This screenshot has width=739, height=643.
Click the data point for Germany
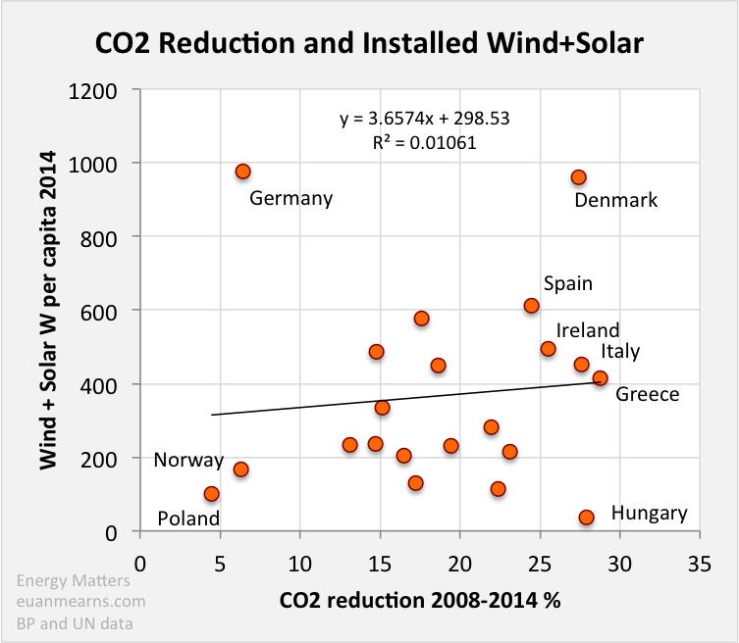click(x=243, y=172)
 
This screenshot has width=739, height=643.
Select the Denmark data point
click(x=578, y=177)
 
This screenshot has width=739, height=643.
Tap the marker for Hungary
click(x=587, y=517)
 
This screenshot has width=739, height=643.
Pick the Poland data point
click(x=211, y=494)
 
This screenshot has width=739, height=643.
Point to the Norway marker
click(x=240, y=470)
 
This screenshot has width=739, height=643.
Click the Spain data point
click(x=531, y=306)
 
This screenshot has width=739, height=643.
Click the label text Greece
click(x=647, y=394)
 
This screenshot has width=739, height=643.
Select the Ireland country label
click(x=588, y=330)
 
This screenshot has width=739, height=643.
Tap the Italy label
click(x=620, y=351)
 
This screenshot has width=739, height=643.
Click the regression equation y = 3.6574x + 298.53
click(x=424, y=119)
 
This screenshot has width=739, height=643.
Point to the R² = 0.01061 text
click(x=424, y=141)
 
